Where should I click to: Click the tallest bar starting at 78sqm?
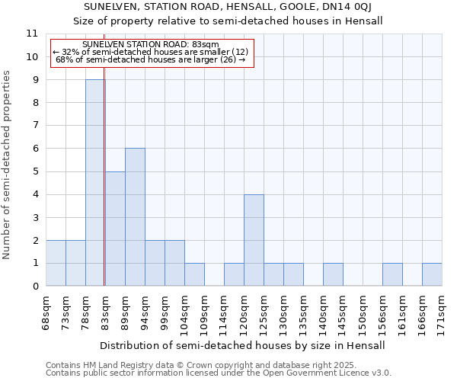click(x=95, y=183)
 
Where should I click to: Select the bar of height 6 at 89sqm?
click(x=135, y=217)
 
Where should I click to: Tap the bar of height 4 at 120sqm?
click(x=254, y=240)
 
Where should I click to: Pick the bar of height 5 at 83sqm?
click(x=115, y=229)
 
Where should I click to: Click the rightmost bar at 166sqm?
click(x=432, y=274)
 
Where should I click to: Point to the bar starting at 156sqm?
click(x=392, y=274)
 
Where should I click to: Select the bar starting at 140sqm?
click(x=333, y=274)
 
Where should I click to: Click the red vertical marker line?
click(x=104, y=190)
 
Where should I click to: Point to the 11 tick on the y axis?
click(x=32, y=34)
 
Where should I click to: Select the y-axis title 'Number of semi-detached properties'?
click(x=7, y=165)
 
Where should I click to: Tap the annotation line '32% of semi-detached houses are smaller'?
click(x=150, y=52)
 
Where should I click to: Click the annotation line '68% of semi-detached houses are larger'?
click(x=150, y=59)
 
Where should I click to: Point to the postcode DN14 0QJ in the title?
click(x=344, y=8)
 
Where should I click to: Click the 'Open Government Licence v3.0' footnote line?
click(x=219, y=373)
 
